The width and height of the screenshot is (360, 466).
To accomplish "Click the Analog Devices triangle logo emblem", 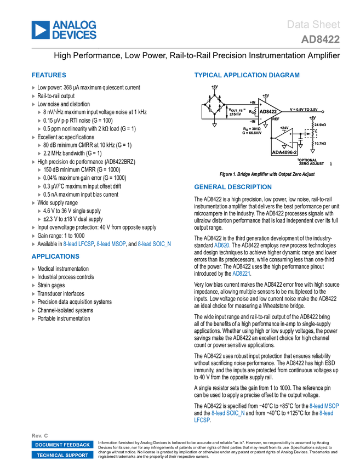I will coord(40,30).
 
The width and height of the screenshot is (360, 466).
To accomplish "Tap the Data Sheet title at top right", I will coord(314,25).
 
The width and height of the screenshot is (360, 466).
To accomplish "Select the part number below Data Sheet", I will coord(320,39).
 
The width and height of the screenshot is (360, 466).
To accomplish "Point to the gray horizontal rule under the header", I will coord(186,48).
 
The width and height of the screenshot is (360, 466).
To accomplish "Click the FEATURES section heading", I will coord(49,76).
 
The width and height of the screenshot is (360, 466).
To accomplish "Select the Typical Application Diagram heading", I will coord(247,75).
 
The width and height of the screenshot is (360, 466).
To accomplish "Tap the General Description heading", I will coord(232,187).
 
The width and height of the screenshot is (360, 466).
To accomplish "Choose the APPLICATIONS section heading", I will coord(55,257).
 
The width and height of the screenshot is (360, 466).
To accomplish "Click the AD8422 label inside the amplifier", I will coord(268,112).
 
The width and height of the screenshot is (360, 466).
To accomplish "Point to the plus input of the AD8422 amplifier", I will coord(260,104).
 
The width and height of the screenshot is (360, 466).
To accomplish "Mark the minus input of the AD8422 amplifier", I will coord(260,119).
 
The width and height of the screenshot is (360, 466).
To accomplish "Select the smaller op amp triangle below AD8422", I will coord(285,138).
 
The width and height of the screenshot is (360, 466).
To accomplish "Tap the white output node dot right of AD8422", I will coord(323,112).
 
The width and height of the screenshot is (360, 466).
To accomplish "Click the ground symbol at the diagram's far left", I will coord(214,126).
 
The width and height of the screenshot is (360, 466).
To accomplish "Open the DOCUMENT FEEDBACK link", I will coord(62,445).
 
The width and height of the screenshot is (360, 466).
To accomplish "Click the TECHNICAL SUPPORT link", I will coord(62,455).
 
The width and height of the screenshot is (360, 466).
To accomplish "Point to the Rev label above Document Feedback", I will coord(39,435).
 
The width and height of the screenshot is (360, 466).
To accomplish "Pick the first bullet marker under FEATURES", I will coord(33,88).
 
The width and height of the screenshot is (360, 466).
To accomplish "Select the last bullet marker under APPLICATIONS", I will coord(33,319).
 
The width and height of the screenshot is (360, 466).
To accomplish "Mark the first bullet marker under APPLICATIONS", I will coord(33,269).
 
